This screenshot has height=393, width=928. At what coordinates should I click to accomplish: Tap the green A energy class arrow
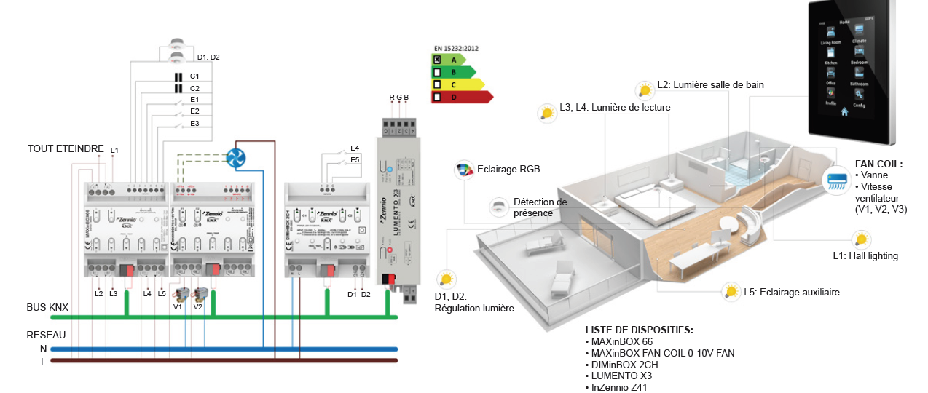452,60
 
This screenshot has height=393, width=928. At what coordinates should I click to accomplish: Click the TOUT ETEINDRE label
66,148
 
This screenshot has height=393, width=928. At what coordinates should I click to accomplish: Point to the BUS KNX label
47,308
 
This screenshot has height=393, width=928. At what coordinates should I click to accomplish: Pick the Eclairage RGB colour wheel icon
464,170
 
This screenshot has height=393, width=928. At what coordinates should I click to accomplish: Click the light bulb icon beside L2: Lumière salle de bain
645,89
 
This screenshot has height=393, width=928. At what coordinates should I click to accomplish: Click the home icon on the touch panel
845,111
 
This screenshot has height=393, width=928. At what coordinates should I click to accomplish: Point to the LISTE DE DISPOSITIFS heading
639,330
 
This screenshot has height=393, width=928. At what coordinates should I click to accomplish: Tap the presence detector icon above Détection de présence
499,205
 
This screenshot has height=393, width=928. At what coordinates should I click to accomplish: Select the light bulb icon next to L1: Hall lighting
862,239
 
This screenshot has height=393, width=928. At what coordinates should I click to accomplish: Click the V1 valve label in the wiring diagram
177,307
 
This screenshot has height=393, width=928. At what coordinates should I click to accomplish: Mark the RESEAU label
46,336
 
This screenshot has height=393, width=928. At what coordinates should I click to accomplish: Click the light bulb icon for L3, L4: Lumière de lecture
547,112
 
